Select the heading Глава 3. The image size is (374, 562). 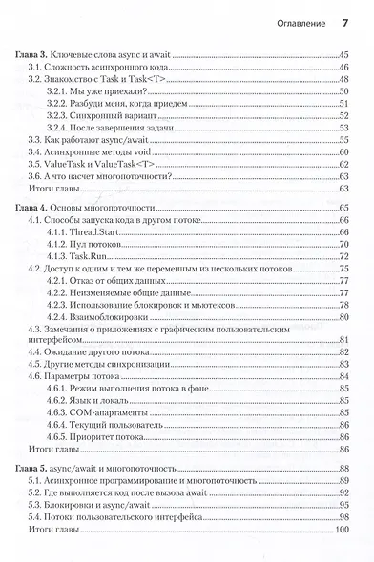pyautogui.click(x=38, y=58)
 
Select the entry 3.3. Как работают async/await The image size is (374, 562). pyautogui.click(x=85, y=139)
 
